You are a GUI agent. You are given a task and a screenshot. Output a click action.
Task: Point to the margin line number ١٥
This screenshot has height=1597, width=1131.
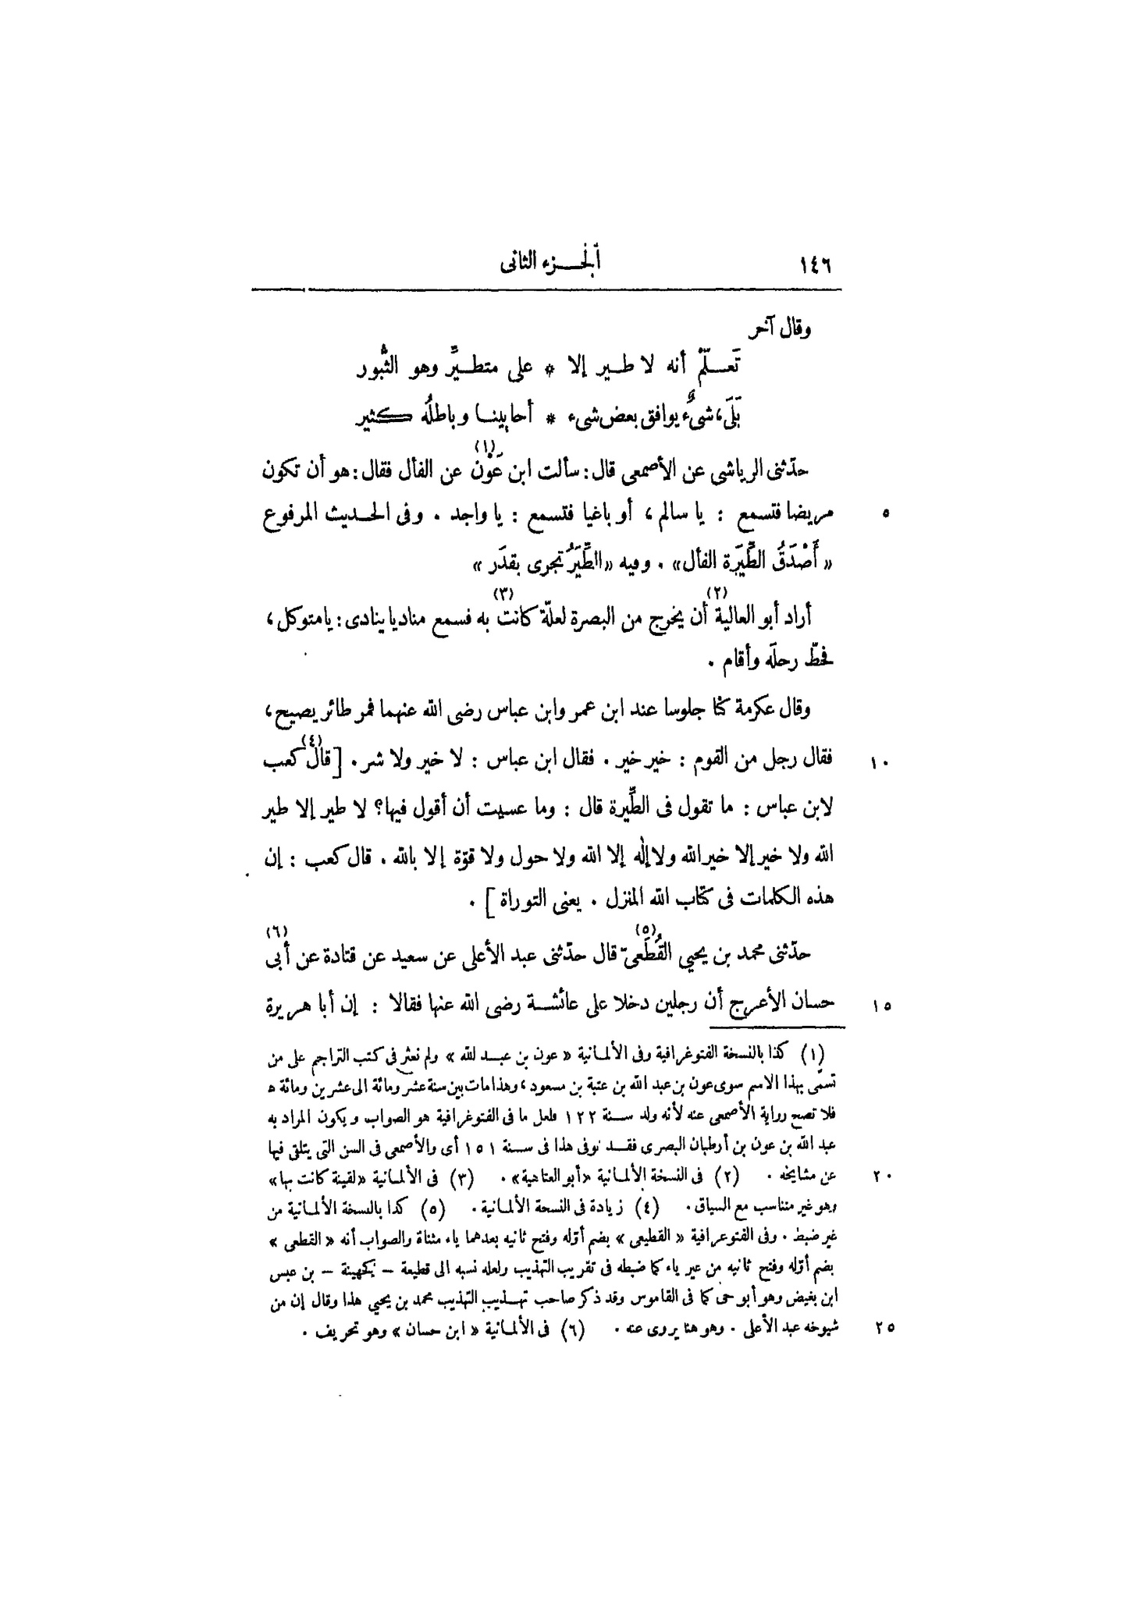tap(881, 1006)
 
